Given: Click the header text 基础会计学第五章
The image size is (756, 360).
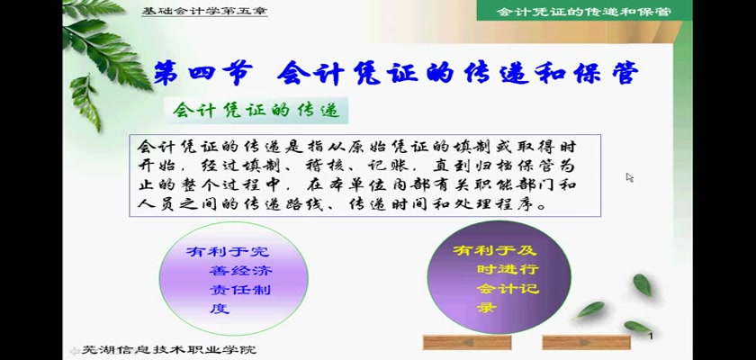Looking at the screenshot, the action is click(204, 11).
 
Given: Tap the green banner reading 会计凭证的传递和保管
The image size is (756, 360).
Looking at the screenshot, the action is click(584, 11).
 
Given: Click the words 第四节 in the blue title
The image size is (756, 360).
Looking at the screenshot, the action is click(203, 75).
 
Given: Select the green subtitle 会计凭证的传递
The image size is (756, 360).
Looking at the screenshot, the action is click(256, 111).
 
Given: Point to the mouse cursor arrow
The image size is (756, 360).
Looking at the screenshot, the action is click(630, 177).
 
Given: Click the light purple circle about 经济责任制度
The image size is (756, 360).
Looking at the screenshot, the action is click(233, 279).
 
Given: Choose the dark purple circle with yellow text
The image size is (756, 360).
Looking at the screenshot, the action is click(499, 276).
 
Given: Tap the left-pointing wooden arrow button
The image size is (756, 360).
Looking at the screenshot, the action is click(467, 342).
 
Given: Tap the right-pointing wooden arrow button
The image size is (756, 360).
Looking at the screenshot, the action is click(586, 342).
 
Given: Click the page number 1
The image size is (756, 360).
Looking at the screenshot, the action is click(651, 336).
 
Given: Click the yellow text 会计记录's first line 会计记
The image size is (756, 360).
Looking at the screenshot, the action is click(508, 289).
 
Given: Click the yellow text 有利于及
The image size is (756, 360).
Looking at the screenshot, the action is click(494, 250).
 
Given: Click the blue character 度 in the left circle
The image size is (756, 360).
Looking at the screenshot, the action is click(220, 309).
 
